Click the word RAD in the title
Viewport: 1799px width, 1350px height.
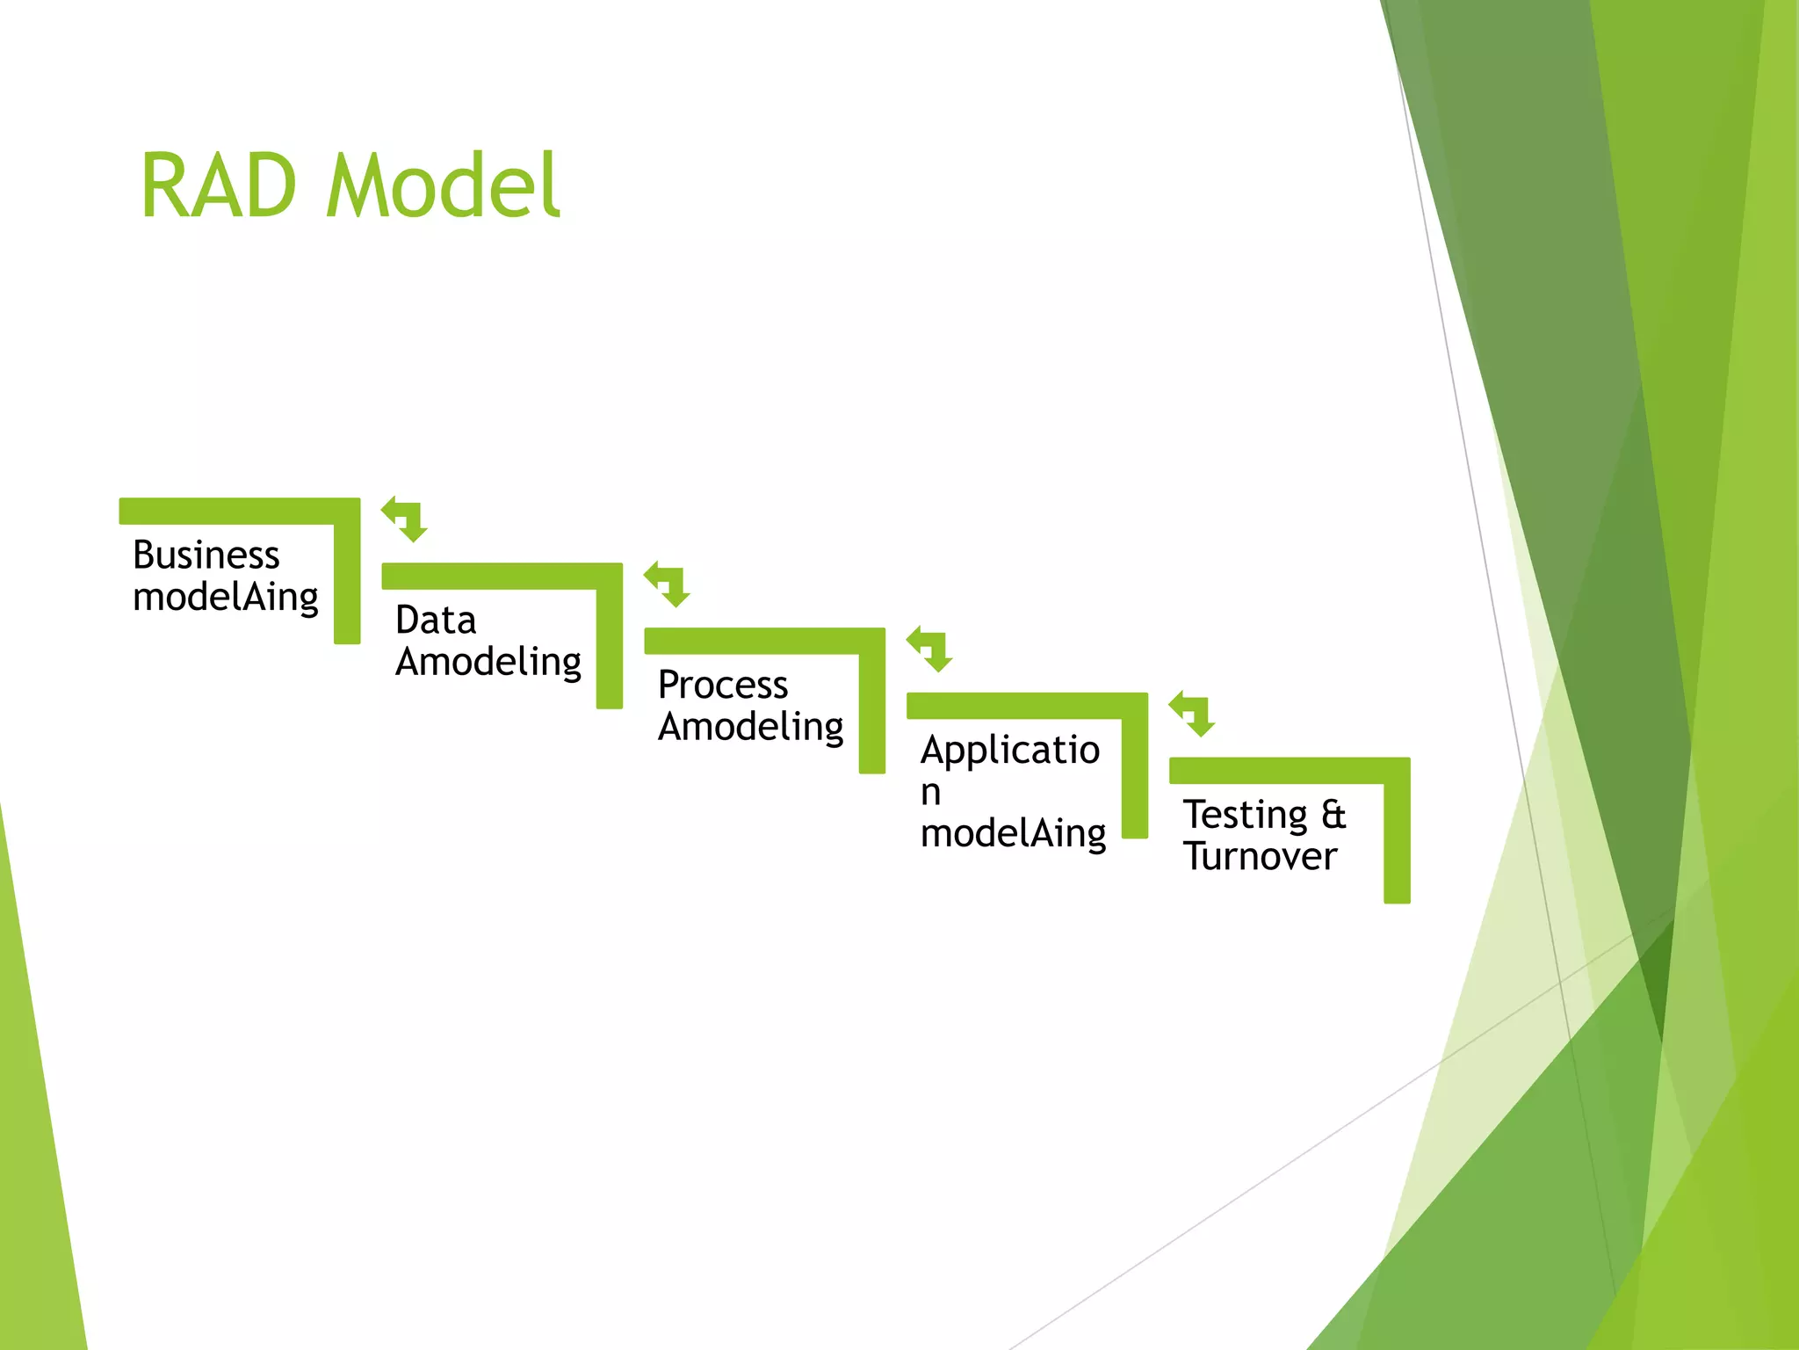[219, 185]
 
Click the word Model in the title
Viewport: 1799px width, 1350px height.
[443, 185]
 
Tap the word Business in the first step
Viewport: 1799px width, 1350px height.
[206, 555]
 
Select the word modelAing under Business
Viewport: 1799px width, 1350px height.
[226, 598]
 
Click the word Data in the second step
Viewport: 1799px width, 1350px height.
[436, 621]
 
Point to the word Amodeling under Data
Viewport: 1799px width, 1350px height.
[488, 663]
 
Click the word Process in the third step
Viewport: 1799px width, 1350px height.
[723, 686]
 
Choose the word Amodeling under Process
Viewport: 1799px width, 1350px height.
[751, 728]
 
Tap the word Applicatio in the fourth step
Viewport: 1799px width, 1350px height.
[1010, 751]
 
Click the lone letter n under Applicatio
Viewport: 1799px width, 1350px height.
[931, 792]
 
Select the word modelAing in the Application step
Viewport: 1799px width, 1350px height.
[1014, 834]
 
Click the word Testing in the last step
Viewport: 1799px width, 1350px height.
[1246, 816]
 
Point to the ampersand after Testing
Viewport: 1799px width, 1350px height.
[1333, 815]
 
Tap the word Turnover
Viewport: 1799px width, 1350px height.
[1260, 857]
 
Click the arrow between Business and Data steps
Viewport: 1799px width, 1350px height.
[405, 519]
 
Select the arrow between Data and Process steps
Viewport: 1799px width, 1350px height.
[668, 584]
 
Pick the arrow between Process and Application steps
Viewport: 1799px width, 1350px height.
[930, 650]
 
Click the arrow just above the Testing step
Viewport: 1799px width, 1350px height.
[1192, 714]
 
